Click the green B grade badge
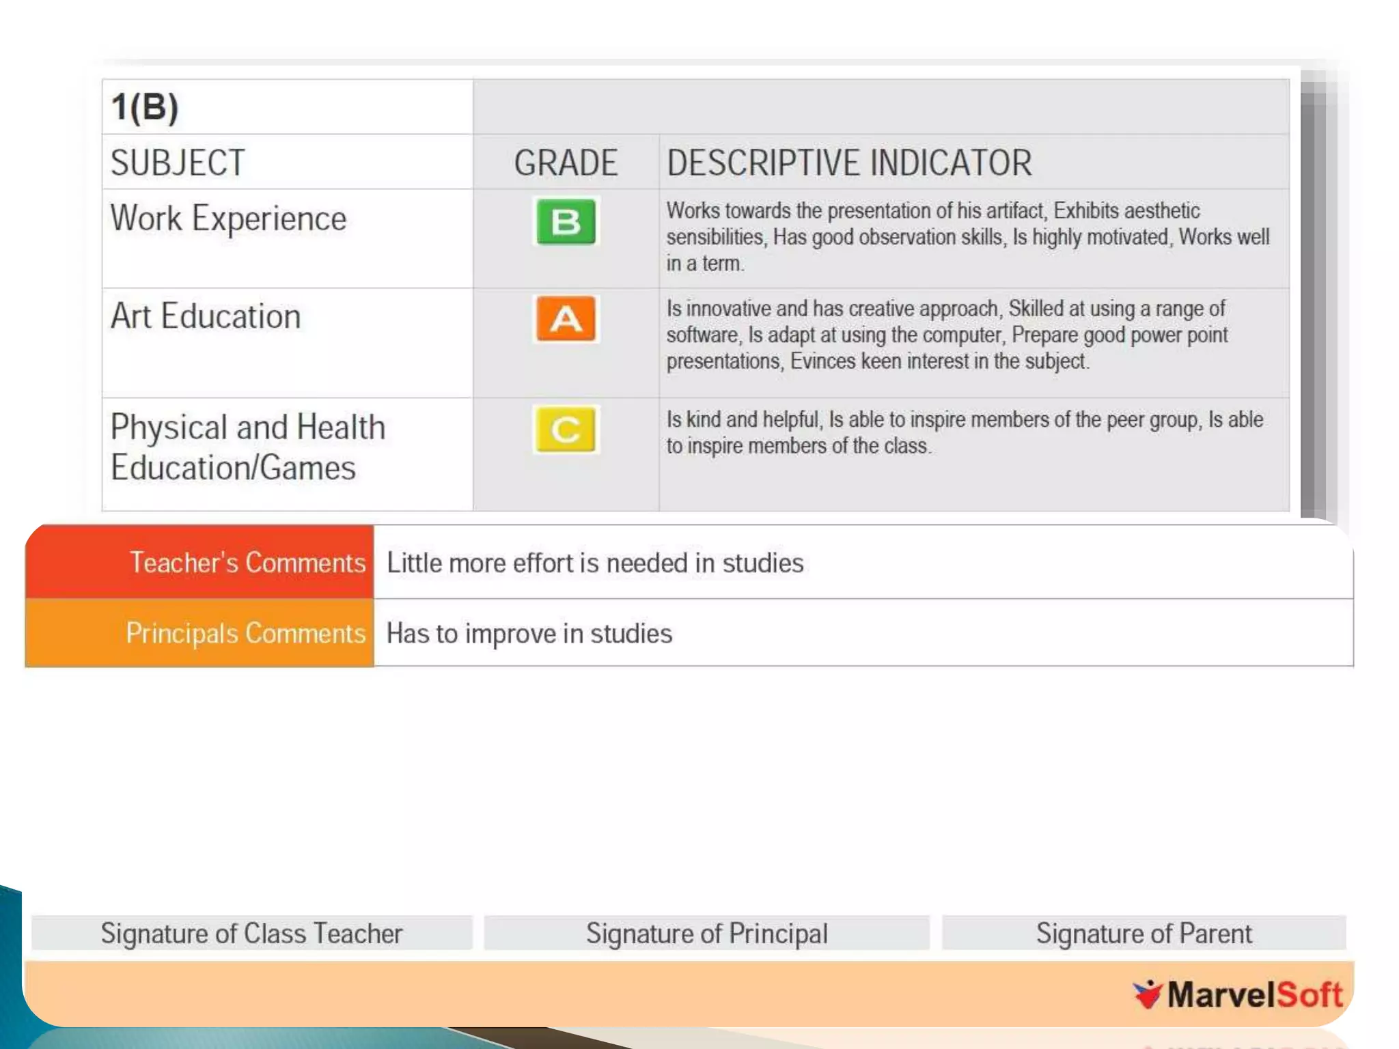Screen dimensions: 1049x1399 coord(566,221)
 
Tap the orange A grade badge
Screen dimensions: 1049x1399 coord(566,319)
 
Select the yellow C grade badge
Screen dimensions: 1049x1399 coord(566,430)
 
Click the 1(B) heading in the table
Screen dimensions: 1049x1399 coord(145,107)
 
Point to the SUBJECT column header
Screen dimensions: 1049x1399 coord(178,163)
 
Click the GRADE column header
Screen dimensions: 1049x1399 coord(566,163)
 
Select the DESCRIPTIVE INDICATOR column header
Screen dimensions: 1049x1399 coord(849,163)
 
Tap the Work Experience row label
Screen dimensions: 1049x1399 coord(229,219)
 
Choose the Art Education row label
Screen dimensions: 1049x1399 coord(206,316)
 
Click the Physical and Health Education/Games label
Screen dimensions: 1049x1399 coord(247,447)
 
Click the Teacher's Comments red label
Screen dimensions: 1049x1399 coord(247,563)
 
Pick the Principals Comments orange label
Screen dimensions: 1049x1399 coord(245,633)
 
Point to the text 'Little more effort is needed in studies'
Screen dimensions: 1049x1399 coord(595,563)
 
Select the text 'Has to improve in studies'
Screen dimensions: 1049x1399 coord(529,634)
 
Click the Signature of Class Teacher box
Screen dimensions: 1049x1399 coord(251,933)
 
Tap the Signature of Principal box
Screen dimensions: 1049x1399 coord(706,933)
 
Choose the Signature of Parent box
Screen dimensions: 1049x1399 coord(1144,933)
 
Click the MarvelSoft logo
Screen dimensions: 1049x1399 coord(1238,994)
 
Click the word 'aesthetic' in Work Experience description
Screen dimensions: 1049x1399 coord(1162,211)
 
